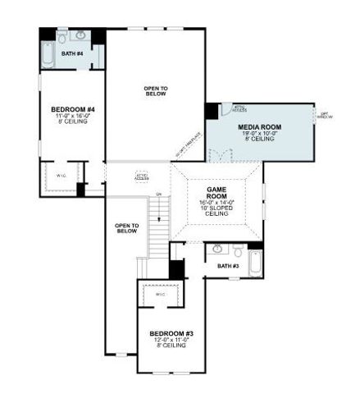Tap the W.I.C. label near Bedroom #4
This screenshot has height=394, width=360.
pos(61,175)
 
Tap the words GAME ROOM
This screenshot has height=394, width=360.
pos(216,192)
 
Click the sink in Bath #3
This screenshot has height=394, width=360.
pos(217,248)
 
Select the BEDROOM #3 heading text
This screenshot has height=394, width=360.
pos(169,333)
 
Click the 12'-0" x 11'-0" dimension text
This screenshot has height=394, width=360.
pos(169,340)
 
